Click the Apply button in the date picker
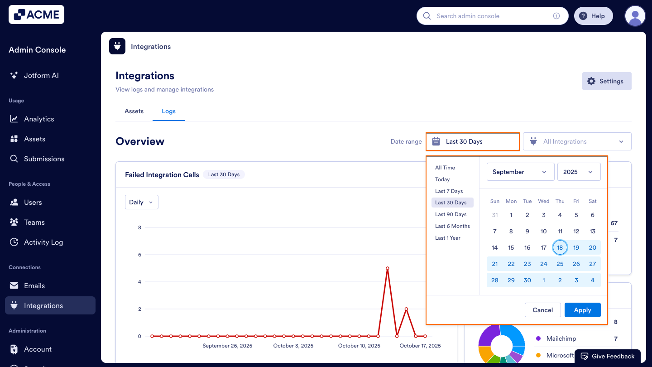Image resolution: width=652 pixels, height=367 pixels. pos(582,310)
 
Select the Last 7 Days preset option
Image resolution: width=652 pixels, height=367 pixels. pos(449,191)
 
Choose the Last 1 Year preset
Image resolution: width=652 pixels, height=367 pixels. pos(447,238)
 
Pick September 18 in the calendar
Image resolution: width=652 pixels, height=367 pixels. pos(560,248)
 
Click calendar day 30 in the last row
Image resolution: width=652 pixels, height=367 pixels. pos(527,280)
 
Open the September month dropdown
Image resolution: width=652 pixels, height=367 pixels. pos(520,172)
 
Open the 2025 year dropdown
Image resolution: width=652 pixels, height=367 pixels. pos(579,172)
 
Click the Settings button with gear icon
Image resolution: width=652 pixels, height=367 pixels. pos(606,81)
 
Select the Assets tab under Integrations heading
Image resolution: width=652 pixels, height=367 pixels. pos(134,111)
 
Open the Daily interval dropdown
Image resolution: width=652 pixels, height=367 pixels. pos(141,203)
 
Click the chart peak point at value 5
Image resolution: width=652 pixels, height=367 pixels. pos(388,268)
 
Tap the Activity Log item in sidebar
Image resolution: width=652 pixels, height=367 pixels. pos(43,242)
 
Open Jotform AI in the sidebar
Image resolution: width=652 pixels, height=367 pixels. pos(41,76)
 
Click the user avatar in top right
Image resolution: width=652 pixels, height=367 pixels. pos(635,16)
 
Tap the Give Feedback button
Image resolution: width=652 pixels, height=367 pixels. pos(608,356)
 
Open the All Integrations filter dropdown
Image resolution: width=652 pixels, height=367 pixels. pos(577,142)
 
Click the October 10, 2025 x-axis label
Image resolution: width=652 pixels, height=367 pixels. pos(359,346)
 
